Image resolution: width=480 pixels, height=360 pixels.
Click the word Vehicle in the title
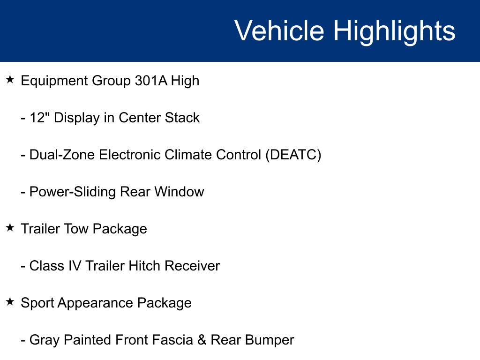(x=279, y=30)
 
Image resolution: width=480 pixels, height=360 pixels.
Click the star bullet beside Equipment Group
(x=10, y=80)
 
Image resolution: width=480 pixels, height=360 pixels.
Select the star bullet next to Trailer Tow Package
(x=10, y=227)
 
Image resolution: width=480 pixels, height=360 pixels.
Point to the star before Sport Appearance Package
(x=10, y=301)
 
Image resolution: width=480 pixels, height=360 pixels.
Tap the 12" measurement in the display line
(x=40, y=117)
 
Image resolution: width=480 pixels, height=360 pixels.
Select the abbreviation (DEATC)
(x=293, y=155)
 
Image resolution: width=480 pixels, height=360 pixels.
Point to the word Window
(x=179, y=192)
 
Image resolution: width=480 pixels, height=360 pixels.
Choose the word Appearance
(x=95, y=303)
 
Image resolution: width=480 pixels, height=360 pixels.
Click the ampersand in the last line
(x=202, y=340)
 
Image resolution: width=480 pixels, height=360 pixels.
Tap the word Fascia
(x=172, y=340)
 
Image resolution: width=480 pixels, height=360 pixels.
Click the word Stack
(x=182, y=118)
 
